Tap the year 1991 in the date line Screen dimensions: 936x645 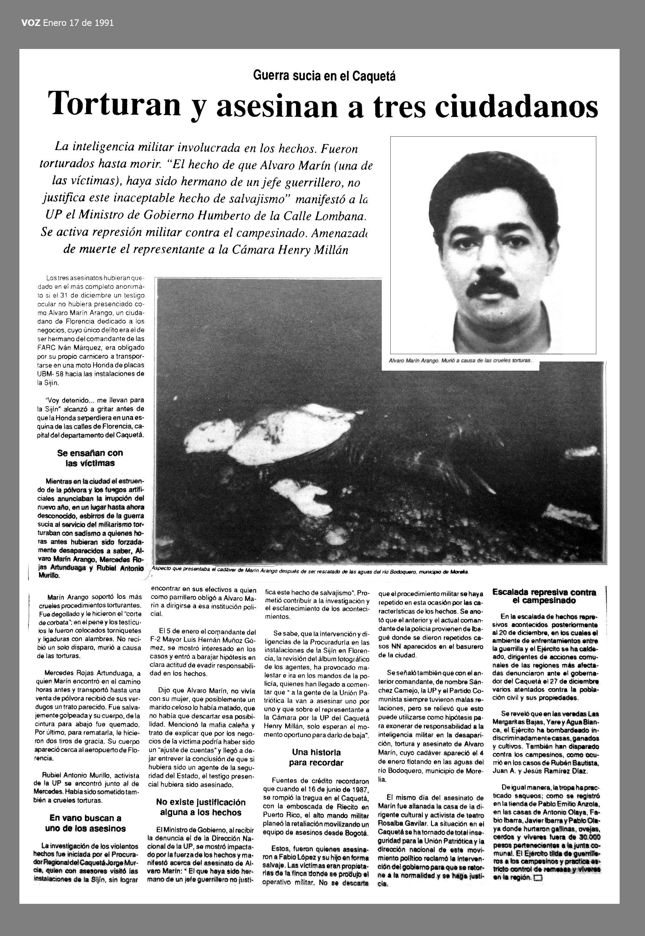tap(104, 23)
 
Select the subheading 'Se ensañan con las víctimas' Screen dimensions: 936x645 tap(90, 458)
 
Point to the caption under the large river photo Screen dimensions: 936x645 tap(309, 572)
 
